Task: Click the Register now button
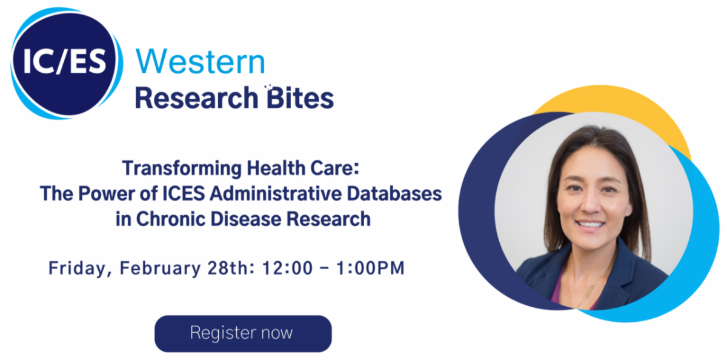(x=243, y=333)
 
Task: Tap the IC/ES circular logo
(x=67, y=63)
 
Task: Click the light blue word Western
(x=201, y=61)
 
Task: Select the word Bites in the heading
(x=300, y=98)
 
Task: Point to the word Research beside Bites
(x=196, y=98)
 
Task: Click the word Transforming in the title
(x=182, y=169)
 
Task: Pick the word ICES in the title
(x=184, y=193)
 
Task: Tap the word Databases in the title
(x=394, y=193)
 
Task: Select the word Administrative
(x=276, y=193)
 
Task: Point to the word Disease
(x=246, y=219)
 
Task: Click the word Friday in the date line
(x=78, y=268)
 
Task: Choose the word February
(x=161, y=268)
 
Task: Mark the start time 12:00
(x=288, y=268)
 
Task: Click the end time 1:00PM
(x=370, y=268)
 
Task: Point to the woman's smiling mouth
(x=590, y=224)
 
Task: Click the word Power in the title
(x=107, y=193)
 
